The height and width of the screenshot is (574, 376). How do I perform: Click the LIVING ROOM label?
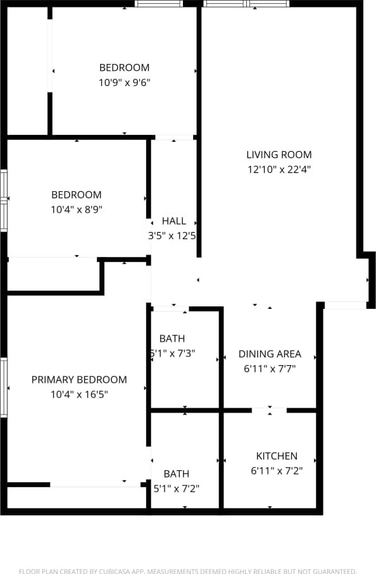point(279,154)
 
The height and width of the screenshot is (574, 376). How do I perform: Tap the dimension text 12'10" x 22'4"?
point(279,170)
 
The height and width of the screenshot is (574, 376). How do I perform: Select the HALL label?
point(174,221)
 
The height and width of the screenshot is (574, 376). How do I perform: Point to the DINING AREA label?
point(270,354)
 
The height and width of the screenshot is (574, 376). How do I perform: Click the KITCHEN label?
point(277,456)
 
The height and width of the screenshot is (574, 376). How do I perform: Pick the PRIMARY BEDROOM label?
point(79,380)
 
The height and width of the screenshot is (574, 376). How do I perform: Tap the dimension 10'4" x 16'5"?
point(79,395)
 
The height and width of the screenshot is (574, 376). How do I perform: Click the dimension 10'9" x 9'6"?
point(124,82)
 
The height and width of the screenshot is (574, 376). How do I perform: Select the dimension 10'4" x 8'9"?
point(77,209)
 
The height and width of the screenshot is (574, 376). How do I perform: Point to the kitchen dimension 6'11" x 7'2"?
point(277,471)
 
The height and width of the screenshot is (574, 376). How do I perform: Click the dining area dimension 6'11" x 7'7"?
point(270,369)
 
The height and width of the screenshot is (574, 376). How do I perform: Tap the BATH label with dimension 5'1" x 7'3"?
point(172,339)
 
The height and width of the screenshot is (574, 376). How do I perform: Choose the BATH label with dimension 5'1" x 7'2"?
point(176,473)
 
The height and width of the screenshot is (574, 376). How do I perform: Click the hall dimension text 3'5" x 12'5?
point(172,236)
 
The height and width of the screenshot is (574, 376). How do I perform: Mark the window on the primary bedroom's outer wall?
point(4,387)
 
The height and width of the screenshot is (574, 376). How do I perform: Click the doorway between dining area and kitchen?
point(270,410)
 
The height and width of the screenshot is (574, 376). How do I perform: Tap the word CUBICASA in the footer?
point(114,571)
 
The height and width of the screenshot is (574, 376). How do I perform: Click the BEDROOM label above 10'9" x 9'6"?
point(124,68)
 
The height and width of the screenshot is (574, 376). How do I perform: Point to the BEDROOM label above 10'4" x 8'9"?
point(77,195)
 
